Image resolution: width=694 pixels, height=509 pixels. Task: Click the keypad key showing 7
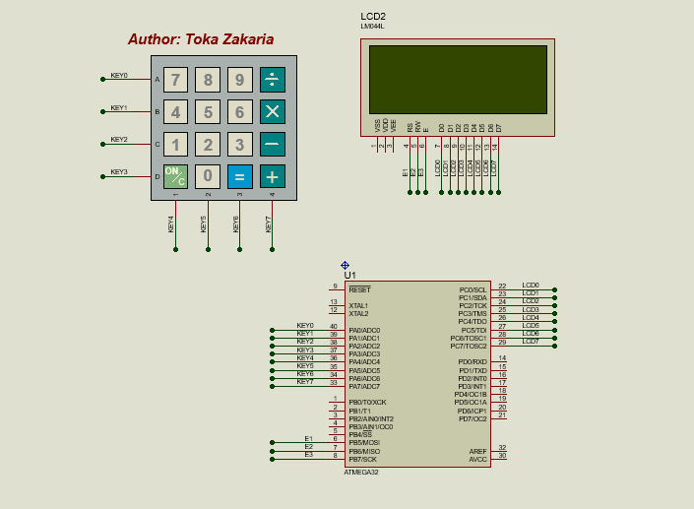tap(175, 80)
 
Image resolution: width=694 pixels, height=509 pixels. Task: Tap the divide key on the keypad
tap(273, 80)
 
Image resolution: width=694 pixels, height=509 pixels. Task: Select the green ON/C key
tap(175, 176)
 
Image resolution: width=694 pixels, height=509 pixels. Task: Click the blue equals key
tap(239, 176)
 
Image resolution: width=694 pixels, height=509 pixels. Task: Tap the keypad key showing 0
tap(208, 176)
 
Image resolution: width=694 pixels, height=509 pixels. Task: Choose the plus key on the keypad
tap(273, 176)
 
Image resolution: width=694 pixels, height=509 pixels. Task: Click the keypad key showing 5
tap(208, 112)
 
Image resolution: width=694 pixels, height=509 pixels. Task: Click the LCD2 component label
tap(373, 17)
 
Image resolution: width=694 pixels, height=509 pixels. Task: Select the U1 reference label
tap(350, 275)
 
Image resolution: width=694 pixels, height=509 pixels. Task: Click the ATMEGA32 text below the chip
tap(360, 473)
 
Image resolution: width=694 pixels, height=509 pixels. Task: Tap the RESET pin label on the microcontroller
tap(359, 290)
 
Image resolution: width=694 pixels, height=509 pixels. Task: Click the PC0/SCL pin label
tap(473, 290)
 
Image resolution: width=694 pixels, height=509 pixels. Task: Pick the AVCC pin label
tap(477, 459)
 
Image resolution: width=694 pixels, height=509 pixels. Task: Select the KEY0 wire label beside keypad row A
tap(118, 76)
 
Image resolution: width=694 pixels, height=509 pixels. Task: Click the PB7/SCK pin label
tap(362, 459)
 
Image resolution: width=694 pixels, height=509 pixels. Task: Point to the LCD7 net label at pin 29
tap(530, 342)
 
